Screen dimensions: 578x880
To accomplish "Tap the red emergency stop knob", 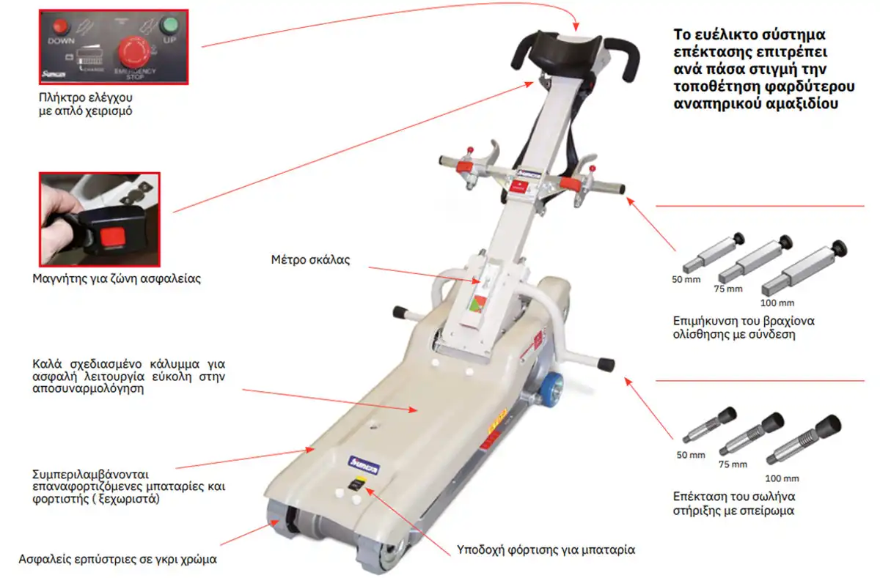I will tap(135, 51).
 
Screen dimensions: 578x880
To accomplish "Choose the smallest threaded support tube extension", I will tap(707, 426).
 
